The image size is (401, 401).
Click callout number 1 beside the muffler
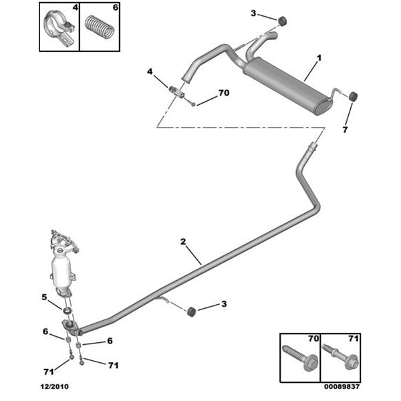click(x=319, y=59)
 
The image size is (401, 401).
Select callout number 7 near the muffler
click(x=345, y=130)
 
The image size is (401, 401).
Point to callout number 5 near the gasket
click(x=44, y=297)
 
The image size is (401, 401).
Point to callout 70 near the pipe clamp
click(x=223, y=93)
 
